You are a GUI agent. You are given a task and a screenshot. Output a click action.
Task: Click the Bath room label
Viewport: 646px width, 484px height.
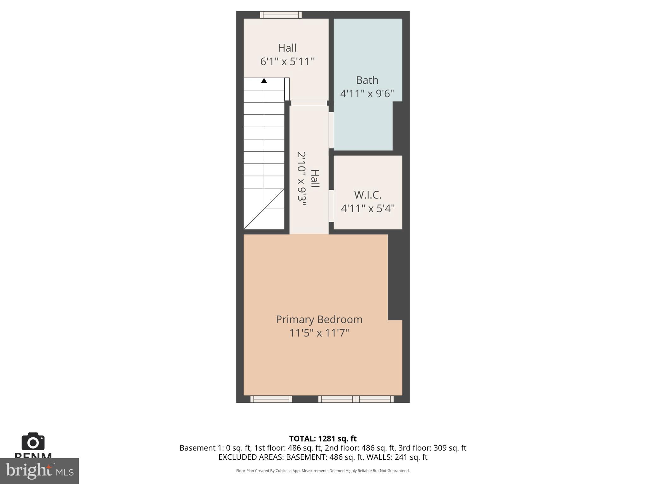367,80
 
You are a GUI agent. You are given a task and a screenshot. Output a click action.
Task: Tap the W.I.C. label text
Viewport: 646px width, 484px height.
367,195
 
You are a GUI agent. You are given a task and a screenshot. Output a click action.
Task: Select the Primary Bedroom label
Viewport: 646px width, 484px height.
319,320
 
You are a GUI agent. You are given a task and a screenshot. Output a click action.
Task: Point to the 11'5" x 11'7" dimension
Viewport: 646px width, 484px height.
319,333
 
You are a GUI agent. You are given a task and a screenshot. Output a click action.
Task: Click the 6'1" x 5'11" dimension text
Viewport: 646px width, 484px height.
287,61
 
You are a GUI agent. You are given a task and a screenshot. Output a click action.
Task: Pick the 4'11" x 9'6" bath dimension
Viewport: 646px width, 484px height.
367,94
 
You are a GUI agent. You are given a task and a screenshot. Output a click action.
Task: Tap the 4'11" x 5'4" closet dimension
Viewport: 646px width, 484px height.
367,209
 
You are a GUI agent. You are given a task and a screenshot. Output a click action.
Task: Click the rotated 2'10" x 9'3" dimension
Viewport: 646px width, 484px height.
302,179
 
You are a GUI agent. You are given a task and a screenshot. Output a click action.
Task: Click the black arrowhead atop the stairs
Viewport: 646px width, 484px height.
264,81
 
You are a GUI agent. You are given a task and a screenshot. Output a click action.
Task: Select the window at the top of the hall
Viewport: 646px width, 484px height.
281,15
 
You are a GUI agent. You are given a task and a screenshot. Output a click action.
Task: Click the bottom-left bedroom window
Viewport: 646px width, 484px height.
271,399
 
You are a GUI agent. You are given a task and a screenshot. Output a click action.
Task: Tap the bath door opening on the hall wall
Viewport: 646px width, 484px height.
331,130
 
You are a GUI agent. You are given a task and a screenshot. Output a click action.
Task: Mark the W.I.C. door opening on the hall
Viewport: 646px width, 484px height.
331,206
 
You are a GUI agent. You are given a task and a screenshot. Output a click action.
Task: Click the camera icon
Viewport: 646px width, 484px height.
33,441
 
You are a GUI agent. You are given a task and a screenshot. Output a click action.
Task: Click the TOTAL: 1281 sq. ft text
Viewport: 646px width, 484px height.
323,439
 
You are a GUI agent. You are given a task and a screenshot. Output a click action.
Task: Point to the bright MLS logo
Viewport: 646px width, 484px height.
39,471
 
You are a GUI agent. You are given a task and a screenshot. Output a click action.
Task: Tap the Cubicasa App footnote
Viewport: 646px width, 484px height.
323,471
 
